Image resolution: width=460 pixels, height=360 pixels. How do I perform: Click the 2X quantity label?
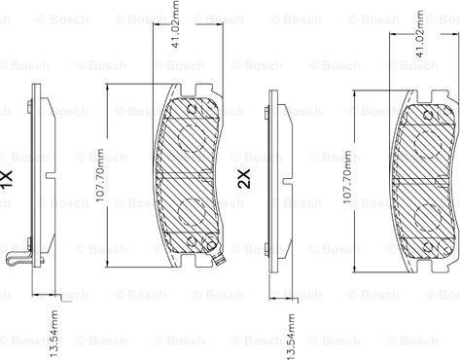pyautogui.click(x=244, y=179)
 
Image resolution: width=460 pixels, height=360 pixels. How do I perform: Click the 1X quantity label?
pyautogui.click(x=7, y=179)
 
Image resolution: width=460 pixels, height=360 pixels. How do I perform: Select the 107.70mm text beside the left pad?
pyautogui.click(x=100, y=175)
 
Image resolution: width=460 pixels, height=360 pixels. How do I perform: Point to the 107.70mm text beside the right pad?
pyautogui.click(x=347, y=177)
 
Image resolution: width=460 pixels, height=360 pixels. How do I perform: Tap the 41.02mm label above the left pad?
pyautogui.click(x=175, y=24)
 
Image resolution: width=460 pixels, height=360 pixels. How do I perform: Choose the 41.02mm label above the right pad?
pyautogui.click(x=419, y=34)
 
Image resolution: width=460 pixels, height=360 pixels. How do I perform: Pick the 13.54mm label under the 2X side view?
pyautogui.click(x=291, y=337)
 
